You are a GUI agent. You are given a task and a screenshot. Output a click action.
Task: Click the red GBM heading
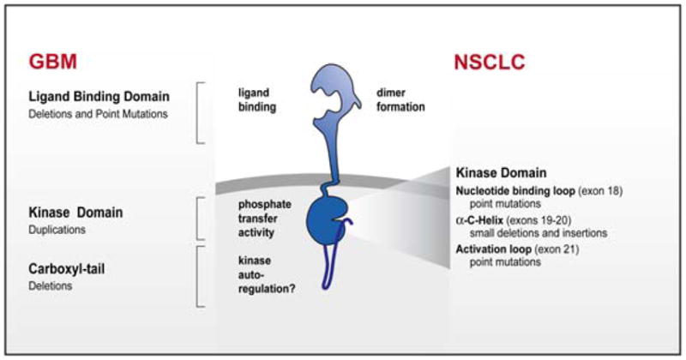tap(51, 63)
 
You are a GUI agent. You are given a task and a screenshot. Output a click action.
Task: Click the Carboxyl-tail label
tap(69, 271)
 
